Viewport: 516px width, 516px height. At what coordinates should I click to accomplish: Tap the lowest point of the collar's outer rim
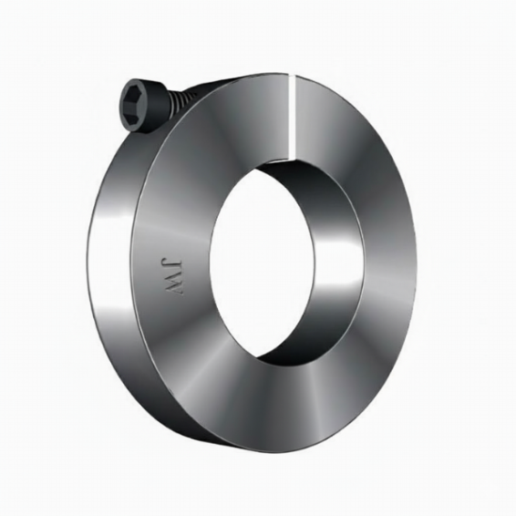(264, 452)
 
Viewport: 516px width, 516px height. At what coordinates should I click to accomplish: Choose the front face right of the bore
(383, 264)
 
